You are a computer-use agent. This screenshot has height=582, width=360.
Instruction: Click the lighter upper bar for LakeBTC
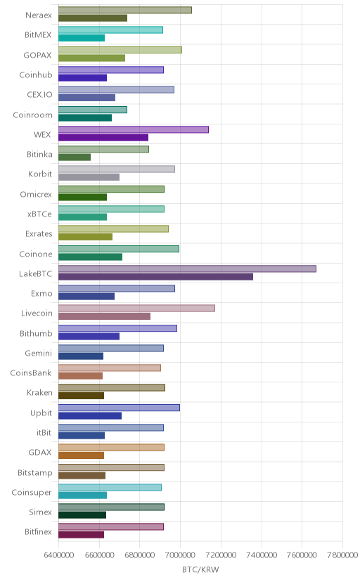click(187, 269)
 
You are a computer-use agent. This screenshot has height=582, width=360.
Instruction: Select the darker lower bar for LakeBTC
click(155, 276)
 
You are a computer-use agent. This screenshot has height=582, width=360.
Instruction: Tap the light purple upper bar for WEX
click(133, 129)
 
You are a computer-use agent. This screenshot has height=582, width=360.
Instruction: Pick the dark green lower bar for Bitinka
click(75, 157)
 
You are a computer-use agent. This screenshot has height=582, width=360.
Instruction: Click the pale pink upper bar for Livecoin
click(136, 308)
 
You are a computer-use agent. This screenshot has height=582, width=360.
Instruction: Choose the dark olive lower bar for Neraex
click(93, 18)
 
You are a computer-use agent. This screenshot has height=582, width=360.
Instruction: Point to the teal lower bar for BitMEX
click(82, 38)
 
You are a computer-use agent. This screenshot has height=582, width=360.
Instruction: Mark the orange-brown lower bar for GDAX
click(81, 455)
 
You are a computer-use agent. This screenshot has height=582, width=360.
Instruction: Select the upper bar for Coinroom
click(92, 110)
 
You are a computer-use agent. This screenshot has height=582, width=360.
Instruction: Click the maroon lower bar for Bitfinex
click(81, 535)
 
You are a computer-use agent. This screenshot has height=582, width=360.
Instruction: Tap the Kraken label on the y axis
click(39, 393)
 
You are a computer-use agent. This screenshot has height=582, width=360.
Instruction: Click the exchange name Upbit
click(41, 413)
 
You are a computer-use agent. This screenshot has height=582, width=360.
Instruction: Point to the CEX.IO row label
click(39, 95)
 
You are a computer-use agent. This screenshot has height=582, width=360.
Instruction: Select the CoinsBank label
click(31, 373)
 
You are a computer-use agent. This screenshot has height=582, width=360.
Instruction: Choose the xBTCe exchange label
click(39, 214)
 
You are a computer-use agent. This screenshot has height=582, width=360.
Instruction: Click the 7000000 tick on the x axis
click(181, 555)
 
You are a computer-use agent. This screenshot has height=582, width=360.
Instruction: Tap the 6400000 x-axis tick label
click(58, 555)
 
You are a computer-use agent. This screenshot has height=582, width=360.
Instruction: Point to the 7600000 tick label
click(302, 555)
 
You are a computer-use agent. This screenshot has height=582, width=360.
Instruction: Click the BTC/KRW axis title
click(200, 570)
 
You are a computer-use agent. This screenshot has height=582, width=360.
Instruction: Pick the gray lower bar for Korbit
click(89, 177)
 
